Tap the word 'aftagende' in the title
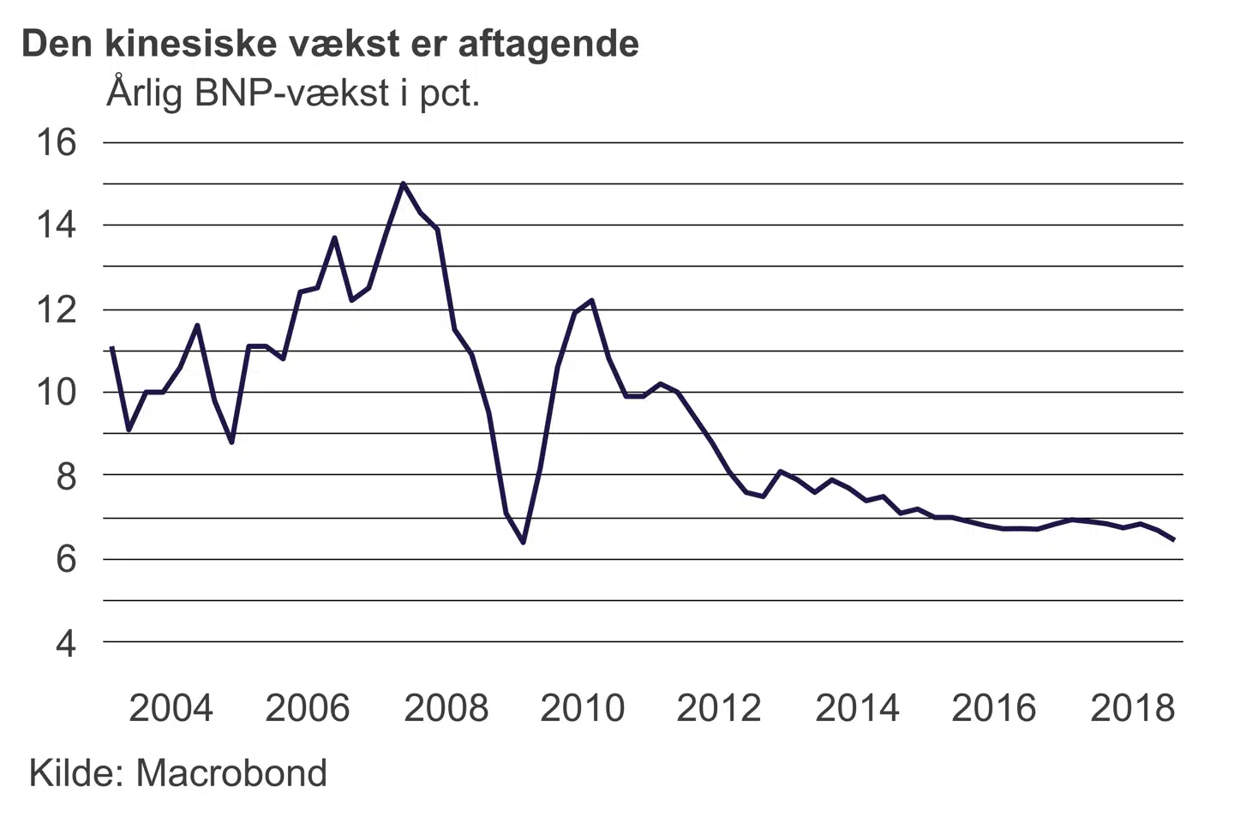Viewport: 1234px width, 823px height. [x=549, y=45]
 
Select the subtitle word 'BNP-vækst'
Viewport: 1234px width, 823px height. [x=292, y=93]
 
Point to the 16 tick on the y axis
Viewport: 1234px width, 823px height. [x=56, y=142]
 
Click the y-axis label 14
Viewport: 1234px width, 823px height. [x=56, y=225]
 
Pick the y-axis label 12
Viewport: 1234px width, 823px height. [x=56, y=309]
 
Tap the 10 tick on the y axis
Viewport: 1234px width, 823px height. [x=56, y=393]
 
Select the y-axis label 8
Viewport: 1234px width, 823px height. [x=66, y=476]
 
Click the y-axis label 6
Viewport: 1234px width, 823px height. [x=66, y=560]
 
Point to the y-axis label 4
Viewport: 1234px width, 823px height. [x=66, y=643]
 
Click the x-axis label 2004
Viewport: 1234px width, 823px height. [x=171, y=709]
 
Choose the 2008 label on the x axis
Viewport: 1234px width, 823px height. [x=446, y=709]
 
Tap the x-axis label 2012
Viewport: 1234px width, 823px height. [x=719, y=709]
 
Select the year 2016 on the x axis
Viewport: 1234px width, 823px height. [x=994, y=709]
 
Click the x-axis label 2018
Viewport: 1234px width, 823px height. [x=1132, y=709]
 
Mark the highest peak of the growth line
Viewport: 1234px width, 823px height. [x=403, y=183]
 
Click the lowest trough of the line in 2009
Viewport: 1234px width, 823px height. [x=523, y=542]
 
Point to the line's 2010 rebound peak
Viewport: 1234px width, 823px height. [x=591, y=300]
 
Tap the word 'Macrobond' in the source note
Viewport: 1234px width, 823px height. [x=231, y=773]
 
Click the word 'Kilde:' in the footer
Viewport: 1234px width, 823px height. [x=76, y=773]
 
